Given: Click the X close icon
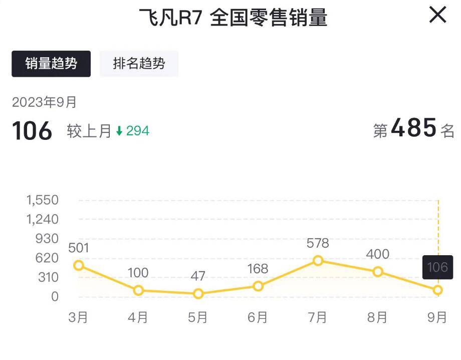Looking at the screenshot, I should [x=437, y=15].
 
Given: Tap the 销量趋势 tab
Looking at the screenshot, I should [x=51, y=64].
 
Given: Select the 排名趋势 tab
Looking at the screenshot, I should [x=139, y=64].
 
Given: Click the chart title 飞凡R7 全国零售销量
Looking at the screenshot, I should [x=233, y=18].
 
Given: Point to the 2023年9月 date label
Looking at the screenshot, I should [x=44, y=102].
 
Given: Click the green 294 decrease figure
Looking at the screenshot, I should [x=137, y=131].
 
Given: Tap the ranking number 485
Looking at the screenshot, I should [x=413, y=128].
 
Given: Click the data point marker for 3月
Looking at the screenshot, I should [x=78, y=266].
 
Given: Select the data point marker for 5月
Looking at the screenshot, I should [x=198, y=294].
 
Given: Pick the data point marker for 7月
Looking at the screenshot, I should [x=318, y=261].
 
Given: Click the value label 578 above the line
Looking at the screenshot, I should [x=318, y=244].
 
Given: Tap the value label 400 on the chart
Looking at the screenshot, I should [x=377, y=254].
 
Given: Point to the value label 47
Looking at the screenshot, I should [x=198, y=276].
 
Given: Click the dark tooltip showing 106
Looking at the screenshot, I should [x=437, y=267].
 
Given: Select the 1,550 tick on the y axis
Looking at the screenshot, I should [x=43, y=200].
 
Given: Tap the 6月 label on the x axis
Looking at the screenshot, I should [x=258, y=317].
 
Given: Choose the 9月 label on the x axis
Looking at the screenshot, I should [x=437, y=317].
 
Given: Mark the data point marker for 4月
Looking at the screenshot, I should [x=138, y=290].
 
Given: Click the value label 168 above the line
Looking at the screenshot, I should [x=258, y=269].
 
